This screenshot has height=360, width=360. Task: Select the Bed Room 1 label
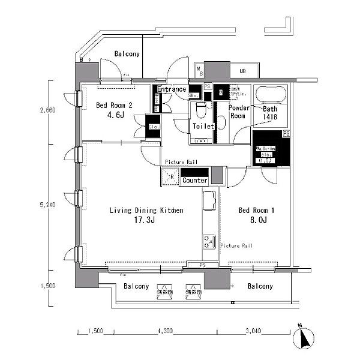(x=256, y=211)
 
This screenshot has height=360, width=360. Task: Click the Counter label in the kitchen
(x=194, y=181)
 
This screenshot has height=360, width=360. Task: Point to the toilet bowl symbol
(x=202, y=110)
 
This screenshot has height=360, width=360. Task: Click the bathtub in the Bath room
(x=270, y=96)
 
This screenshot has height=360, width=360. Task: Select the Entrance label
(x=172, y=89)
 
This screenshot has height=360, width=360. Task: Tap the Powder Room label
(x=239, y=112)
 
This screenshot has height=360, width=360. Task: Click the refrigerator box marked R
(x=169, y=178)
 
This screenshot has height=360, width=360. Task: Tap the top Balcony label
(x=127, y=54)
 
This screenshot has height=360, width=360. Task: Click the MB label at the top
(x=242, y=71)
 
